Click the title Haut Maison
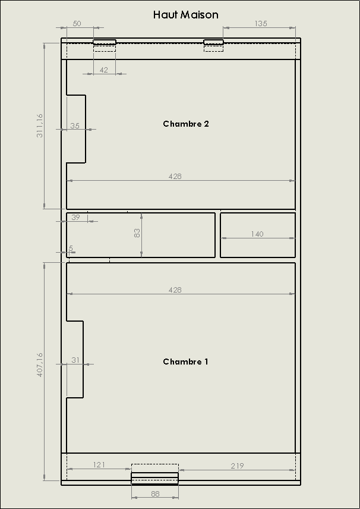185,15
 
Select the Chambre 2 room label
186,124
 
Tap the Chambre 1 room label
185,362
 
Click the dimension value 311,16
40,125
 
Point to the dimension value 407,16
40,365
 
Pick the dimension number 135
261,23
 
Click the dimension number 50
77,23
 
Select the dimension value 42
103,70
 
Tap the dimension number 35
75,125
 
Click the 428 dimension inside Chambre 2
175,176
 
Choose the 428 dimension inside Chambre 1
175,290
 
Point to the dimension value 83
137,232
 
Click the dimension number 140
257,234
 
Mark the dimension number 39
75,217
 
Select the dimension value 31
75,360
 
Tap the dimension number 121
99,465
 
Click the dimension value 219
237,466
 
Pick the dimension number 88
156,494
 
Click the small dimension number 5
71,249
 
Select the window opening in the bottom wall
154,479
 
